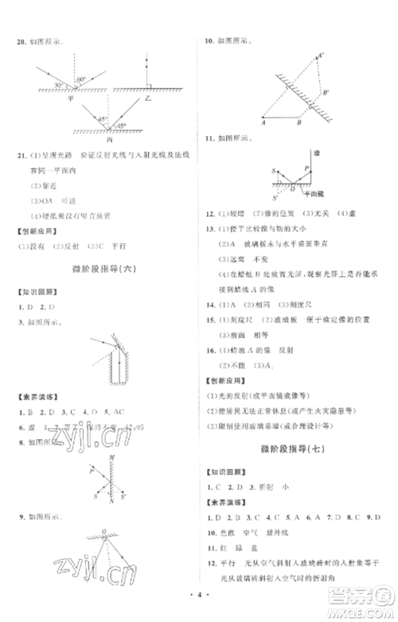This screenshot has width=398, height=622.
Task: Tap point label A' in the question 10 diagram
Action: click(x=321, y=56)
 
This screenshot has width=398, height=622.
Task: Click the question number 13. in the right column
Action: click(x=209, y=228)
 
